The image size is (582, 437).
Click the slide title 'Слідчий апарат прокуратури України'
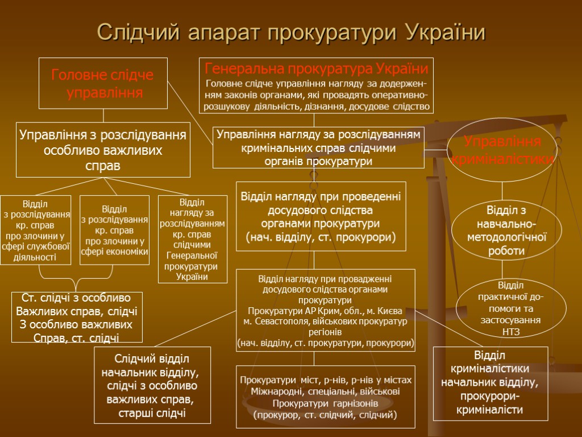click(291, 32)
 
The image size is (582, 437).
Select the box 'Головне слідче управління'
click(103, 83)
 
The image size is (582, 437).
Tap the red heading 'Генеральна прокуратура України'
click(316, 69)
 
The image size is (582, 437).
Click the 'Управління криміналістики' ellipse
click(502, 150)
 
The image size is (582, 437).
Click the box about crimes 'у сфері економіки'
click(114, 230)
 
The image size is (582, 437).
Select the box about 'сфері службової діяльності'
click(36, 230)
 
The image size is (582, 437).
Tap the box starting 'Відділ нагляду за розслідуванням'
click(192, 239)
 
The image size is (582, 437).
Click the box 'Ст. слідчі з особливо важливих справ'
click(77, 317)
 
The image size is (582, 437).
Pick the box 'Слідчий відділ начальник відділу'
click(152, 386)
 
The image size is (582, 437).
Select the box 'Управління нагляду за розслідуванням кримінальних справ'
click(318, 148)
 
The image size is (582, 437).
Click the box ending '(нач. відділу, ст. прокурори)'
click(321, 216)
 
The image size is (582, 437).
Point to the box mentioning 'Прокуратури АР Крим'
click(326, 311)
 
